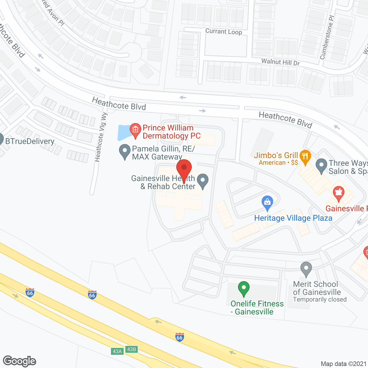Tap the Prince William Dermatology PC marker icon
tap(135, 130)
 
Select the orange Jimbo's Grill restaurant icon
tap(305, 157)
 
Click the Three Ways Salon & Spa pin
tap(321, 166)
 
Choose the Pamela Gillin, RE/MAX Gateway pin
tap(124, 151)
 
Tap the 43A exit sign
tap(117, 351)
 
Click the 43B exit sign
tap(131, 349)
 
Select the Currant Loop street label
tap(224, 31)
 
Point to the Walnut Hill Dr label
tap(280, 62)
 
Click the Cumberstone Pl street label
tap(327, 37)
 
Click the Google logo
tap(20, 361)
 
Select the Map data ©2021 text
tap(344, 364)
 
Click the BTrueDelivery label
tap(30, 141)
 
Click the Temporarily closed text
tap(320, 300)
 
